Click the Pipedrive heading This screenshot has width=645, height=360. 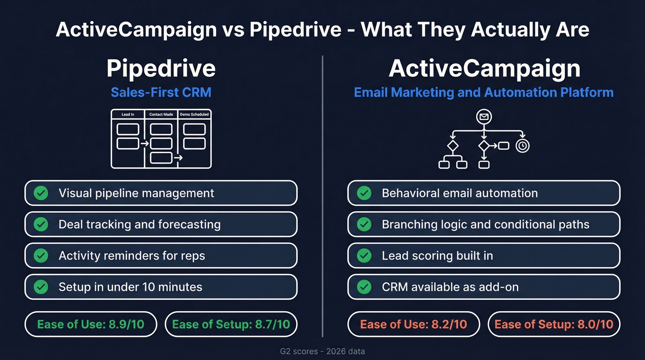click(x=161, y=68)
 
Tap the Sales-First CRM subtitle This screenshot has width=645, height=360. click(x=161, y=92)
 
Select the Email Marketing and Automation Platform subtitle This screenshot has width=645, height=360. click(x=484, y=92)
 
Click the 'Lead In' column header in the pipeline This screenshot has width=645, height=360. click(x=128, y=114)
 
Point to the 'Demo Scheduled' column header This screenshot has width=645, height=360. click(x=194, y=114)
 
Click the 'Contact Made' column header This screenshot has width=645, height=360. click(x=161, y=114)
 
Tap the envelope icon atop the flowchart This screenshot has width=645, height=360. click(x=484, y=117)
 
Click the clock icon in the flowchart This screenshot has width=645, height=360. click(x=522, y=146)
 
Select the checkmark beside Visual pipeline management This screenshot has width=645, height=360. click(x=41, y=193)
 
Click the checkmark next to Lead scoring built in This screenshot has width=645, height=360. click(x=364, y=255)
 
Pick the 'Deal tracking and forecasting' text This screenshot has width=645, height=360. click(x=139, y=224)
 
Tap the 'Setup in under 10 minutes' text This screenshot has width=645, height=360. click(x=130, y=287)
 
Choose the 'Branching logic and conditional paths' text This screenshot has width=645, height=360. click(x=486, y=224)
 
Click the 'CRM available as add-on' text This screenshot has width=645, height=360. click(x=450, y=287)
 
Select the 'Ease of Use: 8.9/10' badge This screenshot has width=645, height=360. click(x=91, y=324)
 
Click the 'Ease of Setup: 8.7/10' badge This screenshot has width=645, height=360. click(x=231, y=324)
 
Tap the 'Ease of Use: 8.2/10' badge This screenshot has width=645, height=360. click(x=414, y=324)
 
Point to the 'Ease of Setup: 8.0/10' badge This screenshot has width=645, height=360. click(x=554, y=324)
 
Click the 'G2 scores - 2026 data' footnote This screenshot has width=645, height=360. click(x=322, y=351)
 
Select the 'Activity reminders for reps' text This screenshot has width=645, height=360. click(x=132, y=255)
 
